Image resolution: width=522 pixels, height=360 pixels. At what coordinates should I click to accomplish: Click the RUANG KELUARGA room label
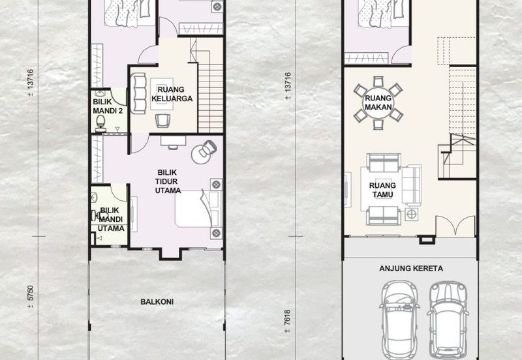(172, 94)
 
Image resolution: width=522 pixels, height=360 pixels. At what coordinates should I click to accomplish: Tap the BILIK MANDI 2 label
(108, 106)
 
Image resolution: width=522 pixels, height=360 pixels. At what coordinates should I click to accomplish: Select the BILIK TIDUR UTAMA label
(168, 181)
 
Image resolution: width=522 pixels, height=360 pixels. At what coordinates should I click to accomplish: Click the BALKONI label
(157, 302)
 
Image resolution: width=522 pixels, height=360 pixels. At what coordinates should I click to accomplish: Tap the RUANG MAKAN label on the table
(378, 102)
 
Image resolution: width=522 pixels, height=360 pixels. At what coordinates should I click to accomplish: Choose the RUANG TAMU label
(382, 190)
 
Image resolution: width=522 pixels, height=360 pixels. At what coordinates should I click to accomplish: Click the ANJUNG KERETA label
(411, 269)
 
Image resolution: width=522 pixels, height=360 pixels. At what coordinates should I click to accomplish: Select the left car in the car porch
(399, 320)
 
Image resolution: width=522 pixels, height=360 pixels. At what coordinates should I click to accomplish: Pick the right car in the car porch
(448, 320)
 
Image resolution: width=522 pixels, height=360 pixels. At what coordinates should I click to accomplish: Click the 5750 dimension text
(30, 297)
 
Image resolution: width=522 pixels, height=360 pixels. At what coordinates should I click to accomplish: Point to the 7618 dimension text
(288, 322)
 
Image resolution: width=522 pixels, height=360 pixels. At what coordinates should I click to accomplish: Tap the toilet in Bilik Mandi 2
(100, 123)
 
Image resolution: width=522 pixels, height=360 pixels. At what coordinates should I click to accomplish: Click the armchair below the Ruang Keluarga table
(162, 121)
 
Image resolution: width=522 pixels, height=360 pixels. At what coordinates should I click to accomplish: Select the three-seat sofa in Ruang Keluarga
(138, 93)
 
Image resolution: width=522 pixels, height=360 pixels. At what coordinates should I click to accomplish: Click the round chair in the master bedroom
(204, 152)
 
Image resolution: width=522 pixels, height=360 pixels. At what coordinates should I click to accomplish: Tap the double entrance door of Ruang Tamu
(455, 226)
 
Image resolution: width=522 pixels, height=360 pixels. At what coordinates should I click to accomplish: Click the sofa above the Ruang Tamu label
(384, 162)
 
